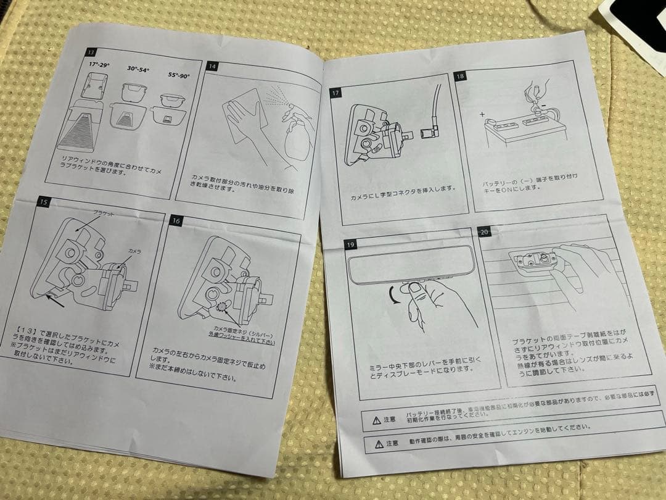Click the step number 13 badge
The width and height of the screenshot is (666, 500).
(92, 52)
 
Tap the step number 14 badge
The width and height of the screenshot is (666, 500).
(212, 65)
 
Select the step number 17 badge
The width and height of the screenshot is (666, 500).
(336, 93)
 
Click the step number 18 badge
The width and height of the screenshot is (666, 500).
(460, 76)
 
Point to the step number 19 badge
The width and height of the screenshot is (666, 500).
(350, 245)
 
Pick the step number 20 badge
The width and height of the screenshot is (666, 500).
(484, 231)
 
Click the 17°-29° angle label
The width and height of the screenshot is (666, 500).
(101, 63)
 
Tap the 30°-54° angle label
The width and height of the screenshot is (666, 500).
(141, 70)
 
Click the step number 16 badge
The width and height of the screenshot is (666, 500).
(176, 220)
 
